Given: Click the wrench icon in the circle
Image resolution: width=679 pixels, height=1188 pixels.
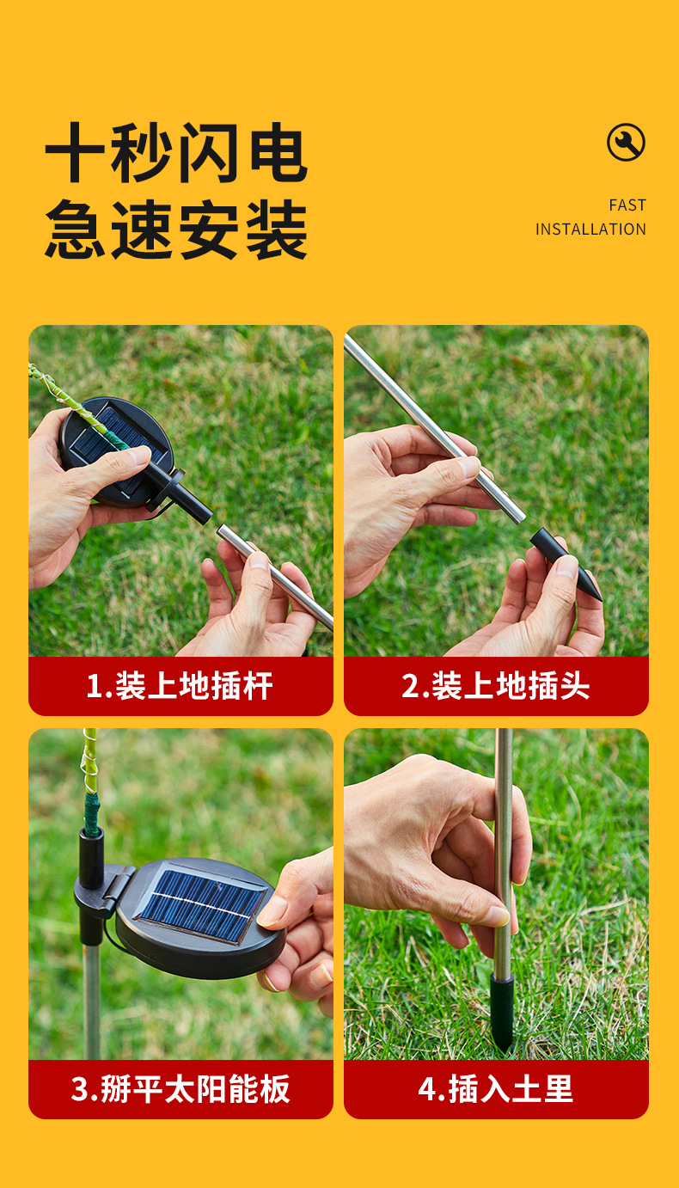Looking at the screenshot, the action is [x=626, y=142].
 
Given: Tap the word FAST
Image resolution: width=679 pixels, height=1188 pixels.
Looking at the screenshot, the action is [x=627, y=205].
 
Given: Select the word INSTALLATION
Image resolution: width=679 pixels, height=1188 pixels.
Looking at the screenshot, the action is [x=590, y=230].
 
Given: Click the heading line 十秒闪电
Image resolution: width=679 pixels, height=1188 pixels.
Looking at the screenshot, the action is [x=176, y=153].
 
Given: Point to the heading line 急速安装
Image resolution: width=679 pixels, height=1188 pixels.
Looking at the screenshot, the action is [x=176, y=230].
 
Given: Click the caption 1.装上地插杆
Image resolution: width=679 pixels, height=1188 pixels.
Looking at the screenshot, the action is [x=180, y=686].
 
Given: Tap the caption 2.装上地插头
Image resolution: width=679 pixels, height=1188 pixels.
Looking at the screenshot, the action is [x=496, y=686].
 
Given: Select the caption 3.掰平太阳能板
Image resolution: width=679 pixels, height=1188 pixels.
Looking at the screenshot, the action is [x=180, y=1089].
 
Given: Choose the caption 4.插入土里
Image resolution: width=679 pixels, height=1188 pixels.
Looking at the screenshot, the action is [x=495, y=1089].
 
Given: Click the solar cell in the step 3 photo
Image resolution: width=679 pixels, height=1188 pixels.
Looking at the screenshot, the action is [x=202, y=906].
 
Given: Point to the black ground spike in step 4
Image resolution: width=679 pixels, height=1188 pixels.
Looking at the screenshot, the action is [x=501, y=1013].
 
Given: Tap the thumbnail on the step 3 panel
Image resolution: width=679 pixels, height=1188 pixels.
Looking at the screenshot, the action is [x=272, y=911].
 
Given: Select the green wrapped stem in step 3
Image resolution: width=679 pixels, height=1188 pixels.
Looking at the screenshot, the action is [x=92, y=813].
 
